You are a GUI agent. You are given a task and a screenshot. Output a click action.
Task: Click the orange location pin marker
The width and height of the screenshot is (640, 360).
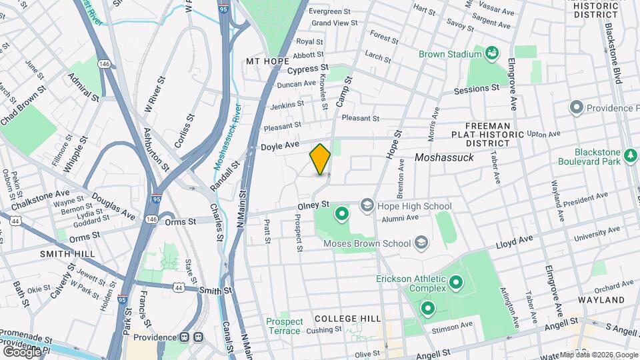(x=320, y=159)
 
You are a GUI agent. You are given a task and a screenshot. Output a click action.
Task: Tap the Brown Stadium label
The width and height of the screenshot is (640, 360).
(x=450, y=54)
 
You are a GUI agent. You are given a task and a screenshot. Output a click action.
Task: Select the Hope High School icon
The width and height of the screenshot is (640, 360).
(x=367, y=206)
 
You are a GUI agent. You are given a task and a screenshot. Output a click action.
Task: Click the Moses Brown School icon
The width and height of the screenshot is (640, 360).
(x=420, y=243)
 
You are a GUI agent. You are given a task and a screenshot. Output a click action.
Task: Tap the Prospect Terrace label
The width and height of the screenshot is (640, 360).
(x=285, y=326)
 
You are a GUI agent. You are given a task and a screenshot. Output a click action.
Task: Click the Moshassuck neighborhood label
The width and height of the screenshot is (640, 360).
(x=443, y=157)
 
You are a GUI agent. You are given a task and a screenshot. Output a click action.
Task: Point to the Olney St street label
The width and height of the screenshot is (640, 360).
(x=314, y=204)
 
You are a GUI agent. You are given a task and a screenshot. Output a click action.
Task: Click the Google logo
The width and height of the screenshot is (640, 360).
(x=21, y=351)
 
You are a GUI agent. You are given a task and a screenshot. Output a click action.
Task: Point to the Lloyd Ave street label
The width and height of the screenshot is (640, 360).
(x=514, y=241)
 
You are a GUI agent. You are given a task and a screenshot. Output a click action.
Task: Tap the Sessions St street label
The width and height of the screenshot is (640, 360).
(x=476, y=89)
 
